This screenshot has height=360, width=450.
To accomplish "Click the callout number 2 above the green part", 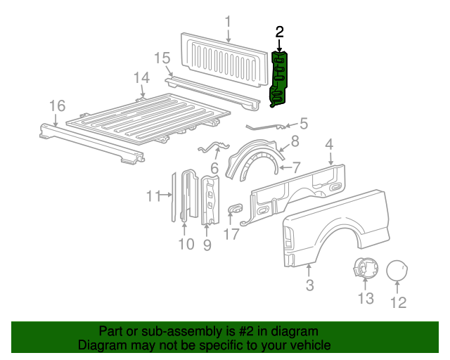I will (280, 32).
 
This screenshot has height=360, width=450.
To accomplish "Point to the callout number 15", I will (162, 57).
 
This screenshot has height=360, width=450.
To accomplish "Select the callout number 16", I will (57, 105).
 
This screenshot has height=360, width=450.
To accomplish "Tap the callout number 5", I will (304, 122).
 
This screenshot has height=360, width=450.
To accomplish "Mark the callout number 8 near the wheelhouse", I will (295, 141).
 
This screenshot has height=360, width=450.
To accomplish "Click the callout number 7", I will (296, 167).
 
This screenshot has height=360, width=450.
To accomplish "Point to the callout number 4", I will (329, 145).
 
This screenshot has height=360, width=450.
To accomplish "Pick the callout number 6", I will (214, 169).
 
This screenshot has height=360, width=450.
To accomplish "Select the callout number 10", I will (186, 244).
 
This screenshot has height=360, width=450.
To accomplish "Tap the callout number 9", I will (207, 245).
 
